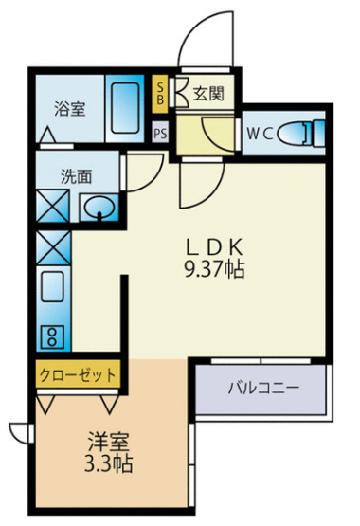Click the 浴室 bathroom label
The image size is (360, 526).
[69, 107]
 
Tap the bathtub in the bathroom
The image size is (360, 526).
[126, 111]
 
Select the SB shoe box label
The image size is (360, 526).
[160, 93]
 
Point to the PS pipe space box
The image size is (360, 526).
[161, 132]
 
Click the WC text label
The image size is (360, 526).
[262, 134]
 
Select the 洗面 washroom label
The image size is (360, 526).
[77, 176]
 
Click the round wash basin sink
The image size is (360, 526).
[98, 207]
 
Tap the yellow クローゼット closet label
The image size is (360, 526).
[79, 373]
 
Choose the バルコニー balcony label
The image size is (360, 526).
[262, 388]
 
